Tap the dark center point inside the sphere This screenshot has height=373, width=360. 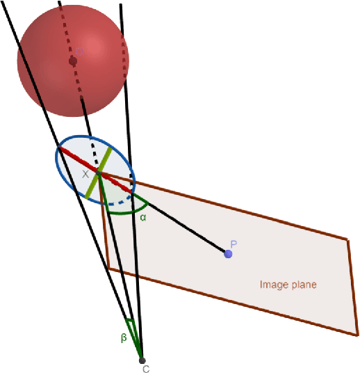point(73,61)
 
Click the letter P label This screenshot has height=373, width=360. point(234,244)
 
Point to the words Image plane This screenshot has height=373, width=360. point(288,285)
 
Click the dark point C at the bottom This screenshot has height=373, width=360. point(142,360)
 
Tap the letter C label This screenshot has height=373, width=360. point(146,369)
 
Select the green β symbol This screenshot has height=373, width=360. point(124,338)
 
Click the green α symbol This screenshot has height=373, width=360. point(143,217)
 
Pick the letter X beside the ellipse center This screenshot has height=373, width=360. point(86,175)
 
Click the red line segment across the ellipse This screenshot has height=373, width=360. point(76,158)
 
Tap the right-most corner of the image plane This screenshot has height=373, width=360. point(350,240)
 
